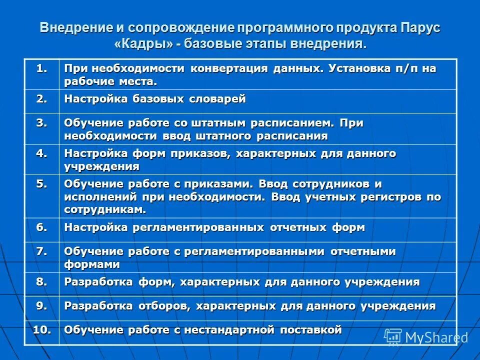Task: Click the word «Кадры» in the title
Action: click(x=144, y=44)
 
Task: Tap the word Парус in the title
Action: click(x=419, y=28)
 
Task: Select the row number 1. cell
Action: click(x=41, y=68)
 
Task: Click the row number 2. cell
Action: click(x=41, y=98)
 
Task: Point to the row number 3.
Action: click(x=41, y=123)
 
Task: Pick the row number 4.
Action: click(x=41, y=153)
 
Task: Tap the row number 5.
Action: click(x=41, y=183)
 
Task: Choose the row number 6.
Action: click(x=41, y=227)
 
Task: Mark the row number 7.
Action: click(x=41, y=251)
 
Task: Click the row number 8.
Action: click(x=41, y=281)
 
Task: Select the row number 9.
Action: click(x=41, y=305)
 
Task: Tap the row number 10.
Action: click(x=41, y=329)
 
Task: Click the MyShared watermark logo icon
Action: click(x=393, y=336)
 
